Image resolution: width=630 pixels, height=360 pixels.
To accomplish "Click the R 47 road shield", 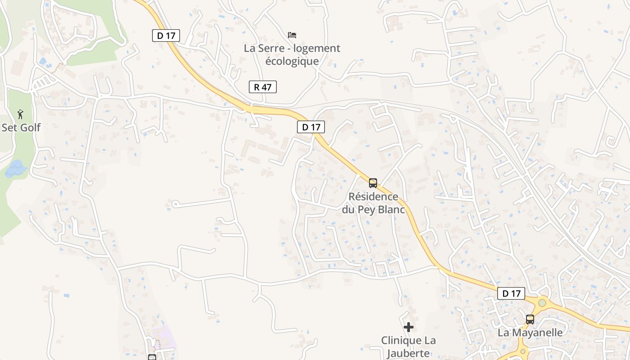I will (x=263, y=87).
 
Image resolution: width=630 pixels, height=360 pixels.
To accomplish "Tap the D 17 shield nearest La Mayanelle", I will (x=512, y=293).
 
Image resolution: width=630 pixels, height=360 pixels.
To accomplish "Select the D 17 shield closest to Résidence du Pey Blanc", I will (x=311, y=127).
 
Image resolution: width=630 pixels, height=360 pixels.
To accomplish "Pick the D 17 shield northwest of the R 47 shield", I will (x=166, y=36).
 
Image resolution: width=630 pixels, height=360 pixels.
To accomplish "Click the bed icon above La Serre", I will (x=292, y=35).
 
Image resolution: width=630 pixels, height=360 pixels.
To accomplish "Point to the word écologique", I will (x=292, y=61).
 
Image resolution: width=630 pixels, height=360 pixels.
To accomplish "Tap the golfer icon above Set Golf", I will (x=20, y=114).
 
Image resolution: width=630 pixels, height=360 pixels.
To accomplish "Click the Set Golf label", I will (x=21, y=127).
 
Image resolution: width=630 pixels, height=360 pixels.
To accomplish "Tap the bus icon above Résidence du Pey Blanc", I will (x=373, y=183).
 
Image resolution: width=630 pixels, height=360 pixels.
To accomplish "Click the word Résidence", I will (x=373, y=197).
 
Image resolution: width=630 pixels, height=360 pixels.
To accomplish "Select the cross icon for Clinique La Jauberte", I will (x=409, y=327).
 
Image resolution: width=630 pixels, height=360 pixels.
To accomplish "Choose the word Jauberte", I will (x=409, y=353).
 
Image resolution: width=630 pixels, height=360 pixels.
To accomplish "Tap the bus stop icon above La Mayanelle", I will (x=530, y=319).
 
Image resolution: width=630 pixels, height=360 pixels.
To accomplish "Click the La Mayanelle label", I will (x=530, y=333).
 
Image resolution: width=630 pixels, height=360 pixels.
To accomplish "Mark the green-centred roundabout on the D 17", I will (x=542, y=303).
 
